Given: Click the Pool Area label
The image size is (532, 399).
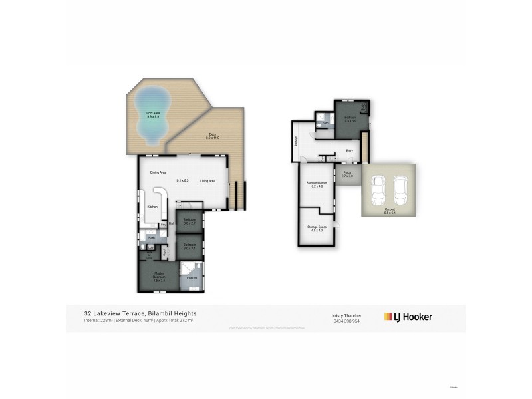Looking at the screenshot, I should (x=153, y=114).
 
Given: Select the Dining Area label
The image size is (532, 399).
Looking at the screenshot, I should (x=158, y=173).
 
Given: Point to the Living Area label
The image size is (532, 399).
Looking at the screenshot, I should (x=208, y=180).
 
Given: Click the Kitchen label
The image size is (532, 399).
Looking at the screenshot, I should (x=152, y=207).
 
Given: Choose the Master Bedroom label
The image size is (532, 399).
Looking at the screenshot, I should (x=158, y=276).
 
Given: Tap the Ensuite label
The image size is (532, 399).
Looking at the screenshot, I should (x=192, y=278).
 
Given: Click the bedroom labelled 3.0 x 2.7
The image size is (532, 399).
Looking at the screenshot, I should (x=190, y=221).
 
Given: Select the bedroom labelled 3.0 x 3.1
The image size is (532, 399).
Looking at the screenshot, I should (x=190, y=246).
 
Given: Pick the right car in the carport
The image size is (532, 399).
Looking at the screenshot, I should (x=400, y=190).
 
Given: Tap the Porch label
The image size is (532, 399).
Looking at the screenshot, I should (x=347, y=174).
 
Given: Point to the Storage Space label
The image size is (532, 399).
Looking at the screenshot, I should (x=317, y=228).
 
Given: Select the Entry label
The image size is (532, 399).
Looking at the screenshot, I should (x=349, y=151).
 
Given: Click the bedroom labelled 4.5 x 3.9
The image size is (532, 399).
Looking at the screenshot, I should (x=350, y=120).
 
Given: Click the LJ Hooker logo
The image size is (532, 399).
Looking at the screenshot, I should (x=408, y=317).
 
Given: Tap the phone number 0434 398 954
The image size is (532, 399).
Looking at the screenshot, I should (x=346, y=321).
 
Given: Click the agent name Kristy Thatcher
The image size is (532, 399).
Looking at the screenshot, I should (x=346, y=314).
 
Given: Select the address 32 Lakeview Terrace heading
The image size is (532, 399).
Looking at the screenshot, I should (x=140, y=313).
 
